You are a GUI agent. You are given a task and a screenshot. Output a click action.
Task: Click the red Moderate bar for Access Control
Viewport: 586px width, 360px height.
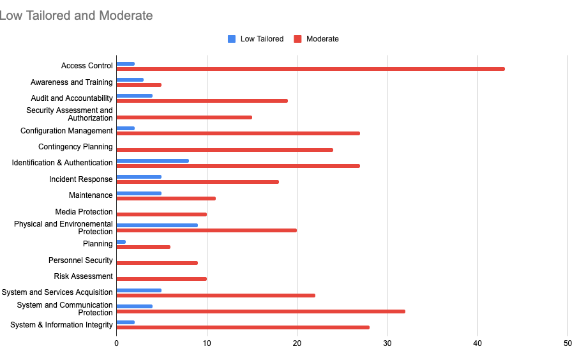(310, 69)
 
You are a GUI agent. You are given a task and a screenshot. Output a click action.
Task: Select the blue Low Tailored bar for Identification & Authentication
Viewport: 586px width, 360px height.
(153, 161)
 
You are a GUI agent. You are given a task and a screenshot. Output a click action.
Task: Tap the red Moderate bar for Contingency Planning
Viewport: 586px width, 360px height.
(225, 150)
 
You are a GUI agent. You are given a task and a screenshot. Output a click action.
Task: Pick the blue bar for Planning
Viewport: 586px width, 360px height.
(121, 242)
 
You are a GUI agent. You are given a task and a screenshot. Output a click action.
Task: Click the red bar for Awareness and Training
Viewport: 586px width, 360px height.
(139, 85)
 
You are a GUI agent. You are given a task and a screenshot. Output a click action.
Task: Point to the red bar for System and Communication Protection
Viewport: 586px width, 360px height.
(260, 311)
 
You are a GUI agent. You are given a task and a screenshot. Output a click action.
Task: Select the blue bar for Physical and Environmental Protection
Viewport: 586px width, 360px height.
(157, 225)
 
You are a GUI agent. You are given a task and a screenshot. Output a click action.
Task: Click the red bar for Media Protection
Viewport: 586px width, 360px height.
(162, 214)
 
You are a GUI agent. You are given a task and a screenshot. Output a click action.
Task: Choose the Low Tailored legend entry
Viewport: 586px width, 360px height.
(255, 39)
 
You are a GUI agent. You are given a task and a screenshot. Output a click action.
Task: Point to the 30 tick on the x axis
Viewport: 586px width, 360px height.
(387, 343)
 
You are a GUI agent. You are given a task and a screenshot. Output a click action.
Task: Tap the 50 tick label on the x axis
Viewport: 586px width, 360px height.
(568, 343)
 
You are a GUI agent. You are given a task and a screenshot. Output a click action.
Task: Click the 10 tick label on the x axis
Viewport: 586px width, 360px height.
(207, 343)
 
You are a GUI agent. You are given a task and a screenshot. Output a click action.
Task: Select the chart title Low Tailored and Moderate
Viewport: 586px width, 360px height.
(76, 15)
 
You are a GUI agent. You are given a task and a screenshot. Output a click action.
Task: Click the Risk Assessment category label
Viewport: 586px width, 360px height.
(83, 276)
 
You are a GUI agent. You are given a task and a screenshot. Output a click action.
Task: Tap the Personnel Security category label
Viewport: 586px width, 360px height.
(80, 260)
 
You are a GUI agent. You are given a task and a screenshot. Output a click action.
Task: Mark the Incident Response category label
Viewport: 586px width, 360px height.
(81, 179)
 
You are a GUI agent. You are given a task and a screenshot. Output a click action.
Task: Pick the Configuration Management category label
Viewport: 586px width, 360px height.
(66, 131)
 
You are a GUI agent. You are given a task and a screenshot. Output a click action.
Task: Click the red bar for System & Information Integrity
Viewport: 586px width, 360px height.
(243, 327)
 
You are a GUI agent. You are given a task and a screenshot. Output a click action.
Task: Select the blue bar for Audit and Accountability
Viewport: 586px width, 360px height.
(134, 96)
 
